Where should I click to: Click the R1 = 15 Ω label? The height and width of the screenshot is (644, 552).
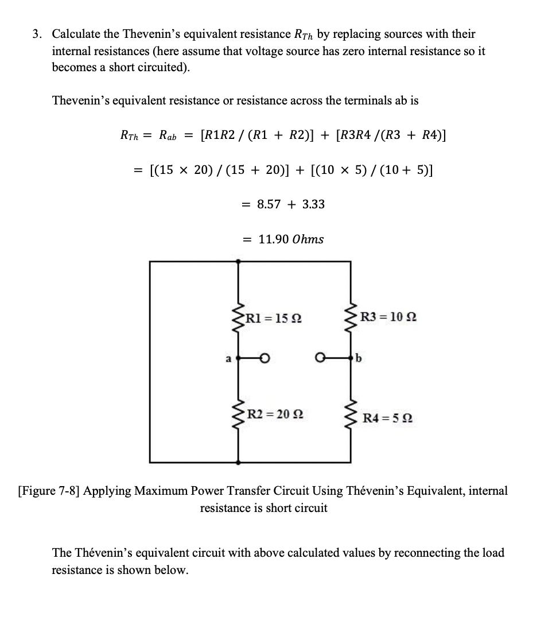[x=274, y=317]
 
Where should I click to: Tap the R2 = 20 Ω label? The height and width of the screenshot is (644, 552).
[x=274, y=414]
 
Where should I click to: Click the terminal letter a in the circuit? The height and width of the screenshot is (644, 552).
[x=228, y=359]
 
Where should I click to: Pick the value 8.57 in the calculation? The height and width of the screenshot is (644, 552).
[x=269, y=204]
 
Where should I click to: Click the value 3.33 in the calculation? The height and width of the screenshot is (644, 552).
[x=313, y=204]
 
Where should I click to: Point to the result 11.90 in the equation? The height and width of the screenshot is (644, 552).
[x=273, y=239]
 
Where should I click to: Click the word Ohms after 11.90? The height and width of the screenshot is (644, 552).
[x=308, y=239]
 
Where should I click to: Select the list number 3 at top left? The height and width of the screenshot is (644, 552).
[x=36, y=34]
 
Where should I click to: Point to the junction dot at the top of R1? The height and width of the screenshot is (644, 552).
[x=238, y=261]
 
